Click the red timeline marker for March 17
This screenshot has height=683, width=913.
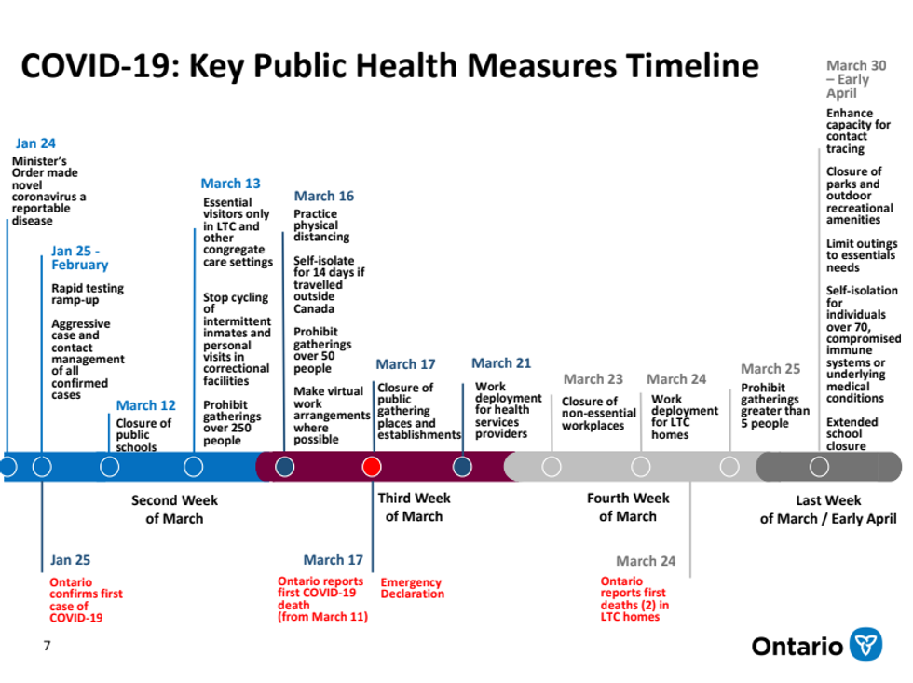371,467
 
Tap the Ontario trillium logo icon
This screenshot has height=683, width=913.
865,644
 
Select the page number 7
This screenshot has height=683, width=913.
47,645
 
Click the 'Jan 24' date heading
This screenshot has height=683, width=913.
35,143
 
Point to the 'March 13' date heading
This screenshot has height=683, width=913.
230,184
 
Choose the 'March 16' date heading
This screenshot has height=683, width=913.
323,196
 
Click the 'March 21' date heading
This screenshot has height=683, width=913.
500,362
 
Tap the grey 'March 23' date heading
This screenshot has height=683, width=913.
593,378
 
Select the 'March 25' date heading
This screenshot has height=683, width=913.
770,369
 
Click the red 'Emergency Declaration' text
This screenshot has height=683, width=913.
412,588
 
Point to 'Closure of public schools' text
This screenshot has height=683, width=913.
143,434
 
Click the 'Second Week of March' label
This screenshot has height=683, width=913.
174,509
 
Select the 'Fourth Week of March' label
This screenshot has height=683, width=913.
628,507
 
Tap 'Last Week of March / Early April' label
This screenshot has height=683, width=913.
827,510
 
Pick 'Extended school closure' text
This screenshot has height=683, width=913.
852,433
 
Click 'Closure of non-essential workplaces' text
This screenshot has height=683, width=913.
598,414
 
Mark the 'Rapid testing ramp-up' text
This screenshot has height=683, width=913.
88,294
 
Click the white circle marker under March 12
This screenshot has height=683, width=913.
110,467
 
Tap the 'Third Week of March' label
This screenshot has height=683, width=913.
414,507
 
